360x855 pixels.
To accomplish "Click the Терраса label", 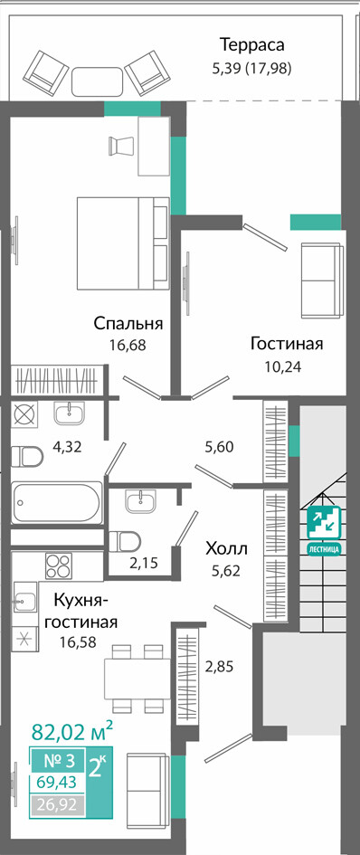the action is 251,43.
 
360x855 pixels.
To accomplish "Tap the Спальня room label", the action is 128,323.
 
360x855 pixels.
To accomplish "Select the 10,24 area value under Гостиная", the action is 284,365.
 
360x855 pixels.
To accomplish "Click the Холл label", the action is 226,548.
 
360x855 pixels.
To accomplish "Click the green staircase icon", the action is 324,529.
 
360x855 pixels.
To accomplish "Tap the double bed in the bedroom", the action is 123,243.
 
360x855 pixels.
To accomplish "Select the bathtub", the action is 56,501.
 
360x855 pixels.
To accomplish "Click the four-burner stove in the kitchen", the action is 59,565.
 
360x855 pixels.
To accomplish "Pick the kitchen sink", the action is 25,602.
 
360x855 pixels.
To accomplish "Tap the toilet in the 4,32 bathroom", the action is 27,456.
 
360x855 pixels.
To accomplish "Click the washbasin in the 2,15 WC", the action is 141,500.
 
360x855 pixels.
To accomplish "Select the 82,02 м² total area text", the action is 72,732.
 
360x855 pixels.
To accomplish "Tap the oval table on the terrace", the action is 97,81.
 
